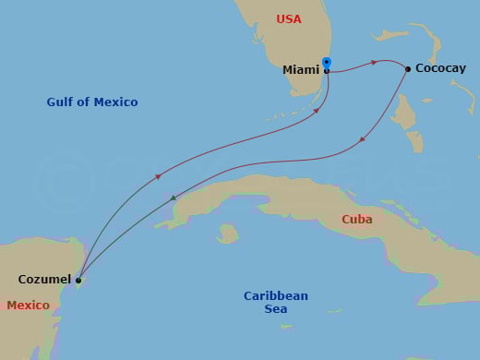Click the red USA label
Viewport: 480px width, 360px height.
pos(289,19)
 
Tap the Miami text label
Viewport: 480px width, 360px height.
pos(302,69)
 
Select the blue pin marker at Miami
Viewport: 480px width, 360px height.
pos(327,64)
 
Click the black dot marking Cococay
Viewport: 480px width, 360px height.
pos(408,68)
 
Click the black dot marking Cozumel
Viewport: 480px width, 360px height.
pos(78,280)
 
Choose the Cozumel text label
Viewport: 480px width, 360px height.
pos(43,279)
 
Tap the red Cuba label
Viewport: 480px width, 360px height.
pos(357,220)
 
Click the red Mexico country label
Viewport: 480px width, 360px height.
pos(27,305)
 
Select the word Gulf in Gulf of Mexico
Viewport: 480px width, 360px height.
pos(62,102)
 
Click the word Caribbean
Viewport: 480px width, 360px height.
pos(276,295)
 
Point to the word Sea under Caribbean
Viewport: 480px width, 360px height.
pos(276,309)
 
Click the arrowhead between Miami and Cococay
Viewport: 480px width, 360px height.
pos(373,63)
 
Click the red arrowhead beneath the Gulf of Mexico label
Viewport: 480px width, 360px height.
pos(160,175)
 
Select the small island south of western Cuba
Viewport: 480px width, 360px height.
pos(227,233)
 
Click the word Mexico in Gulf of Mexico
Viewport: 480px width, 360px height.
pos(117,102)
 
